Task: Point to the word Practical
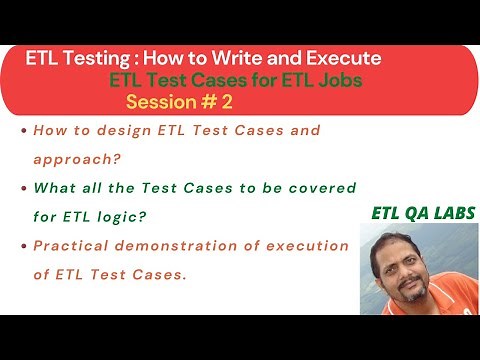coord(72,246)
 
